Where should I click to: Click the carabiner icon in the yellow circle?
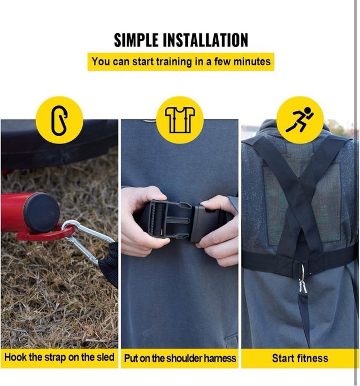pyautogui.click(x=59, y=120)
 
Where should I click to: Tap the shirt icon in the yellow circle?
pyautogui.click(x=180, y=120)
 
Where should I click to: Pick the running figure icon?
pyautogui.click(x=299, y=120)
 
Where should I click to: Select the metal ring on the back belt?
pyautogui.click(x=303, y=272)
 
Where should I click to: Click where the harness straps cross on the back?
pyautogui.click(x=300, y=188)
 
